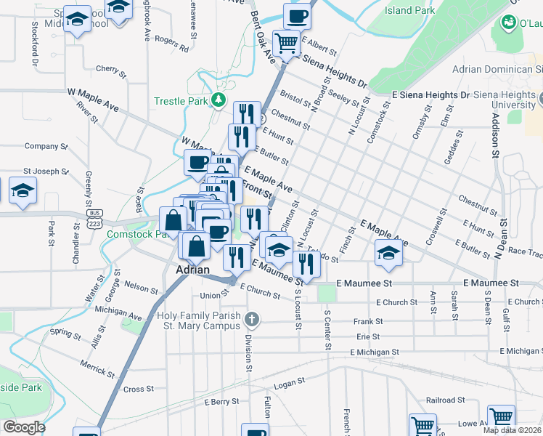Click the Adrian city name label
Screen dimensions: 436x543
(193, 270)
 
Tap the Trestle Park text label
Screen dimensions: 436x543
(180, 101)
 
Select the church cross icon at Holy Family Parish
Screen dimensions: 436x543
(251, 319)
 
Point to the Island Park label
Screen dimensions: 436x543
(410, 10)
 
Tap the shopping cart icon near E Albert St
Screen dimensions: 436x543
(286, 42)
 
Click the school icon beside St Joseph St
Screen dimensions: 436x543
(23, 191)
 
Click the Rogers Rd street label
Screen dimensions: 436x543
(171, 44)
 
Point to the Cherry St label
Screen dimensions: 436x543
(111, 70)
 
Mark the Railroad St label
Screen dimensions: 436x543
(445, 400)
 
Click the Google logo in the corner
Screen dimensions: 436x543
(24, 427)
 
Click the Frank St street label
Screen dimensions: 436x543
(368, 320)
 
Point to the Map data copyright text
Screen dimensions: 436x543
(513, 430)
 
